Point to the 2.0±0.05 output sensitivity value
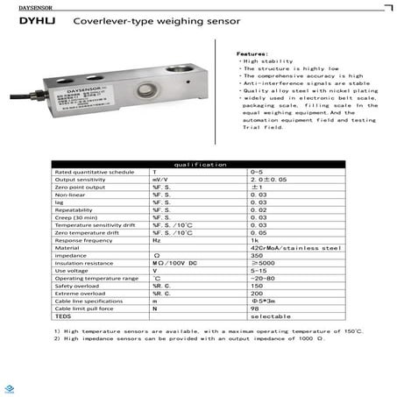click(x=269, y=180)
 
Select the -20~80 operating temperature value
click(x=262, y=278)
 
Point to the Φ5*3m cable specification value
click(x=264, y=301)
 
